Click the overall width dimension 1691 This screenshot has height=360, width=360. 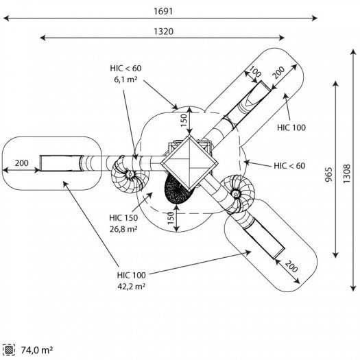tap(163, 11)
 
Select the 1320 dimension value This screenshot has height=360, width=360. tap(163, 32)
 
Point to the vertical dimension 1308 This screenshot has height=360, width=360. tap(347, 173)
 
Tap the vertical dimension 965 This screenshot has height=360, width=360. tap(329, 174)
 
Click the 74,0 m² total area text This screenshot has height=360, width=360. tap(37, 350)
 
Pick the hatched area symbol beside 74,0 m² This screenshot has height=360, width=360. tap(9, 350)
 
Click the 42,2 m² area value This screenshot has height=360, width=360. tap(132, 287)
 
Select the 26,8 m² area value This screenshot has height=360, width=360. tap(123, 229)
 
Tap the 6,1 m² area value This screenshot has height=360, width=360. tap(125, 80)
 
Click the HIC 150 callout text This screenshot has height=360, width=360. tap(123, 217)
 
